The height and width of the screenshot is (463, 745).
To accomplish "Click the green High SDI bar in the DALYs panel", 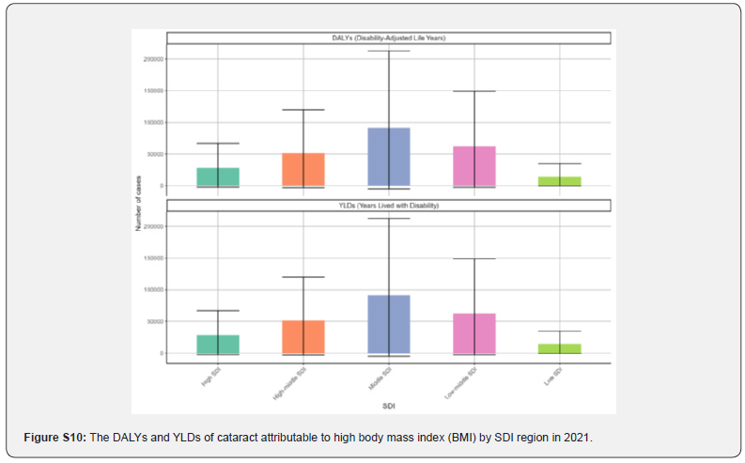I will (218, 177).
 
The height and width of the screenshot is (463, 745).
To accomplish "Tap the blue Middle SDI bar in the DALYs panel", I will (389, 157).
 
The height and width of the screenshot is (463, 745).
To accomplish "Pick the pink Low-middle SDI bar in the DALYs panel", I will (474, 166).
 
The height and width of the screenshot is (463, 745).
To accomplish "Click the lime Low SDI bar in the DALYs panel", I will (560, 181).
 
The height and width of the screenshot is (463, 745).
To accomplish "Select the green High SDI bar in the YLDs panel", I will (218, 344).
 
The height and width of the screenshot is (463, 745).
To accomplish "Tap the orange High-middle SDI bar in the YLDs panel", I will (303, 337).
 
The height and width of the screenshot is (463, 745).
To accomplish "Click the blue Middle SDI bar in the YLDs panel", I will (389, 324).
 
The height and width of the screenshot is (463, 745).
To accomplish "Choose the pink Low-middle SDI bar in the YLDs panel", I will (474, 333).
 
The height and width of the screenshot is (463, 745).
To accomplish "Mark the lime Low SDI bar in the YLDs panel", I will (560, 348).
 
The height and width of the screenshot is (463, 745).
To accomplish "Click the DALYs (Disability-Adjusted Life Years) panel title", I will (389, 38).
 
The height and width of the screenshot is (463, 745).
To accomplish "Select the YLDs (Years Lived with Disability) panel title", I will (389, 205).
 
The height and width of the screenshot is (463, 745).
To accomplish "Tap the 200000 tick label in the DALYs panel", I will (152, 59).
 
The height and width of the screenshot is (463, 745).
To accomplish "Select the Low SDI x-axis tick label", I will (554, 379).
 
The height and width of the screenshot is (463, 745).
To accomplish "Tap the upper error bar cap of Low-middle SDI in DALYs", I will (474, 91).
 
